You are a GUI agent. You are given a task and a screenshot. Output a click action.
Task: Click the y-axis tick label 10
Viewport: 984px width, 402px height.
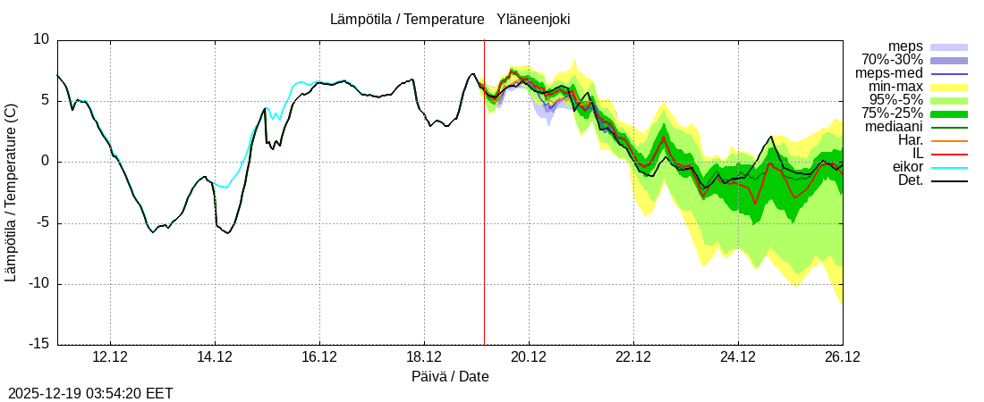click(x=42, y=39)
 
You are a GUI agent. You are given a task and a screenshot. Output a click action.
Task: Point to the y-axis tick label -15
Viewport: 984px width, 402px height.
click(x=39, y=345)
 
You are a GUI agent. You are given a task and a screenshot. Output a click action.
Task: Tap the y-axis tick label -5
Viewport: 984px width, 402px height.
click(x=42, y=223)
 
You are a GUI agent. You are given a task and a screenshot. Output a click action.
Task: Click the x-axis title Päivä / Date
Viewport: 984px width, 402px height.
click(x=450, y=377)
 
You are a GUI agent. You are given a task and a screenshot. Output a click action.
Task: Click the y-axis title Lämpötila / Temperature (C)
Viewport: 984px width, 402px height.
click(x=11, y=192)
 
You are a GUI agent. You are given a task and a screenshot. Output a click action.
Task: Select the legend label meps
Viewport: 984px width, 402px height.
click(x=905, y=46)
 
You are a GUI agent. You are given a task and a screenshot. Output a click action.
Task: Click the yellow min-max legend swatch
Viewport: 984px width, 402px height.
click(x=949, y=87)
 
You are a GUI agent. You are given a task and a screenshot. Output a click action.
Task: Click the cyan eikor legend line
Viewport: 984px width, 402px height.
click(x=949, y=167)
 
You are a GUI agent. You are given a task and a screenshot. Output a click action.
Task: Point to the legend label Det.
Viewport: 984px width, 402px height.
click(x=910, y=180)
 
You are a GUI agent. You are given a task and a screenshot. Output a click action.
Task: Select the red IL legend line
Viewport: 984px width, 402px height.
click(x=949, y=154)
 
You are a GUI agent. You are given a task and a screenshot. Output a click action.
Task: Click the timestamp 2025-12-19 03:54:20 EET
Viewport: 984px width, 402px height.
click(x=90, y=393)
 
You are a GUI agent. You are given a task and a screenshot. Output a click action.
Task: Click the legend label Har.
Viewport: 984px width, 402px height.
click(x=910, y=140)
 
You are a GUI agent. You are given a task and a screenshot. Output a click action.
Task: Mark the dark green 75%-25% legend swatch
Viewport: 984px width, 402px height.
click(x=949, y=113)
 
